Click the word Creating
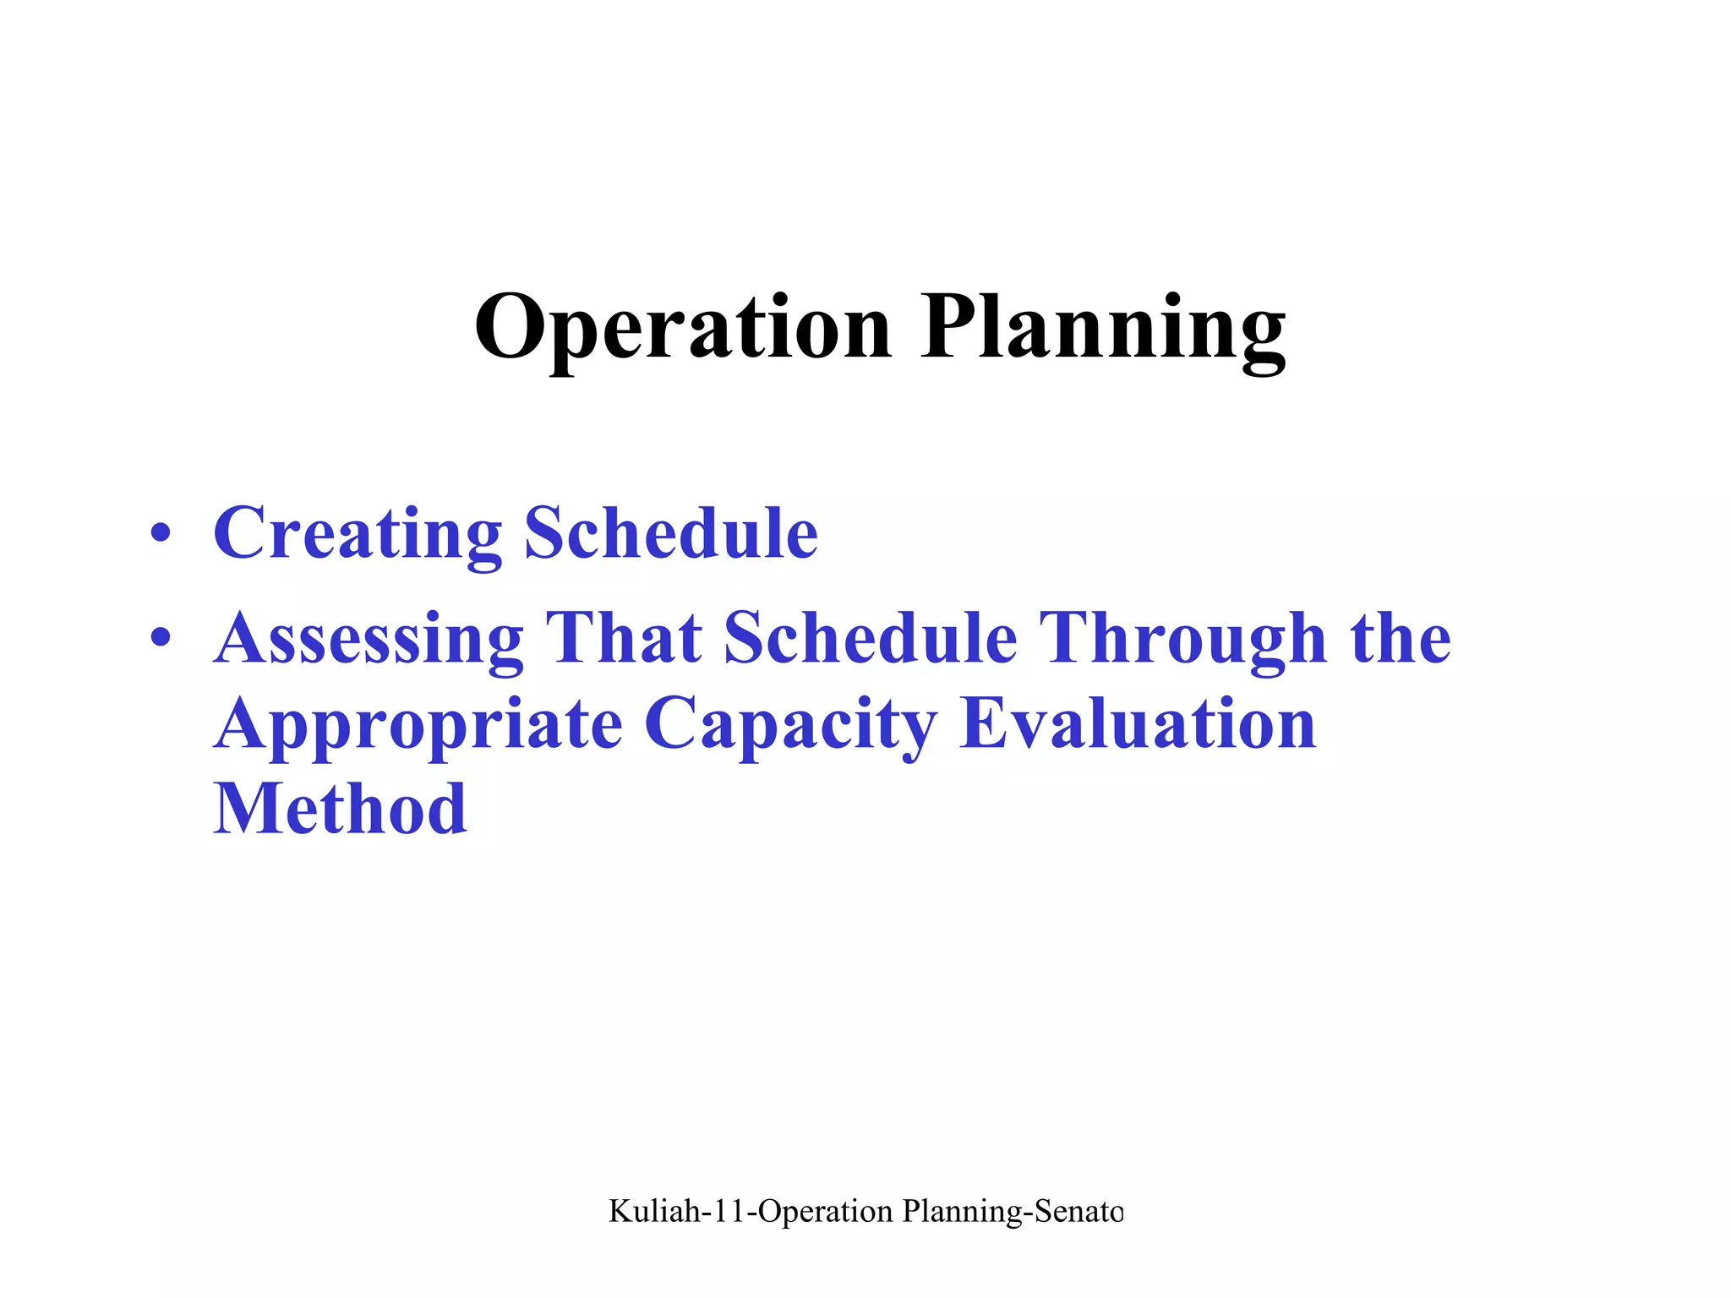coord(358,533)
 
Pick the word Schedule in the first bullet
coord(671,533)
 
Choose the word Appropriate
coord(418,725)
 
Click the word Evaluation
coord(1139,725)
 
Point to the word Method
coord(340,810)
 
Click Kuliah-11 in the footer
coord(677,1211)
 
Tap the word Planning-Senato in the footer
coord(1013,1211)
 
